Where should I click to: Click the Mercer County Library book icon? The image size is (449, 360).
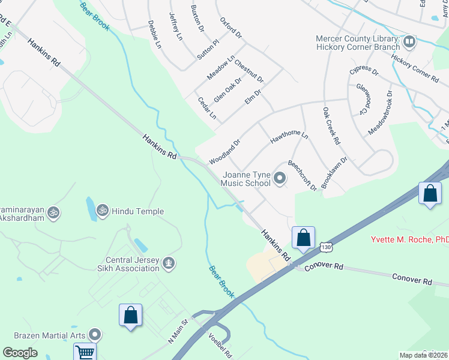pos(410,41)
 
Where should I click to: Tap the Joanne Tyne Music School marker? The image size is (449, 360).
pos(280,178)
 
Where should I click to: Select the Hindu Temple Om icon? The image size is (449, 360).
pos(103,211)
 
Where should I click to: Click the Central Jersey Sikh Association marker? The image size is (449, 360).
pos(169,262)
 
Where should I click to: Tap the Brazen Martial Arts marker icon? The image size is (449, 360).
pos(95,334)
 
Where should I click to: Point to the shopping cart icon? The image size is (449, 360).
pos(85,352)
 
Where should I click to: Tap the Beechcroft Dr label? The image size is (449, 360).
pos(302,176)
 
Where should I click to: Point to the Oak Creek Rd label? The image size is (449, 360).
pos(331,126)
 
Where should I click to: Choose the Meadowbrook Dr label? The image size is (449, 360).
pos(380,112)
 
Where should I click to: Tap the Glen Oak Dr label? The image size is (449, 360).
pos(228,90)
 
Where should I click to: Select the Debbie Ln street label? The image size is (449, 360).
pos(154,34)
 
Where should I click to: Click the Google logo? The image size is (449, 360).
pos(20,352)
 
